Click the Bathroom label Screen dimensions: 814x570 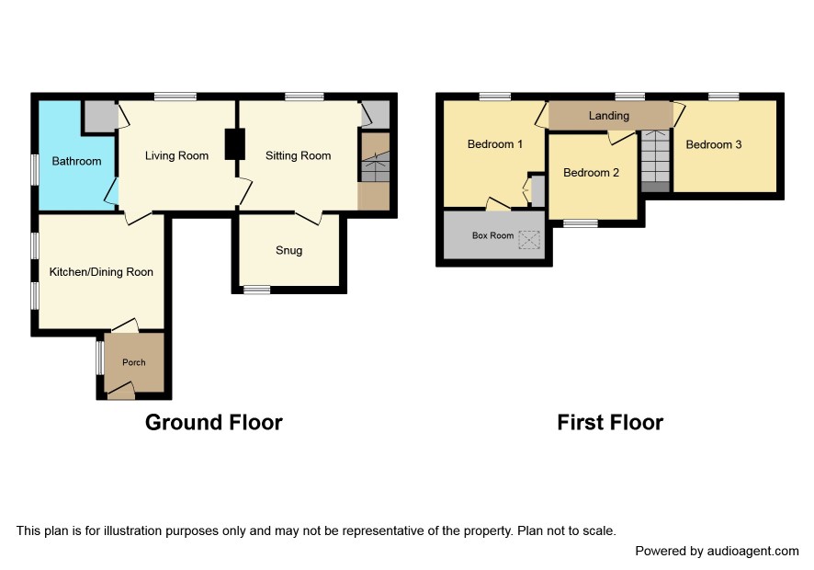click(76, 161)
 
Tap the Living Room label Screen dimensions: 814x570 click(176, 156)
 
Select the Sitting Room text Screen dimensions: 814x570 click(298, 156)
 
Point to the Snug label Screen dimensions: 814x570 click(288, 250)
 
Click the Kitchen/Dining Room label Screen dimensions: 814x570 click(101, 272)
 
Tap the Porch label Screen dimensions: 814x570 click(134, 362)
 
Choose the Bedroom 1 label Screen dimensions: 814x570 click(494, 144)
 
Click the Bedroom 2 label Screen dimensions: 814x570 click(592, 173)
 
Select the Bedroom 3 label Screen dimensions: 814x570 click(714, 144)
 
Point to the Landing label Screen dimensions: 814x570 click(609, 115)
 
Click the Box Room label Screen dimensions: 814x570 click(492, 235)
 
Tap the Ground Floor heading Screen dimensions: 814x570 click(214, 422)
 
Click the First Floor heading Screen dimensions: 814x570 click(610, 422)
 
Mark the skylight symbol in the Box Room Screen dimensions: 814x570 click(529, 240)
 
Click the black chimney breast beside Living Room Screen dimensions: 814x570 click(234, 144)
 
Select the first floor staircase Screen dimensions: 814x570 click(656, 161)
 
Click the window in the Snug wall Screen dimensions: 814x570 click(257, 290)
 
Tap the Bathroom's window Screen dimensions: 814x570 click(35, 169)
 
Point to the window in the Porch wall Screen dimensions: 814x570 click(100, 357)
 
